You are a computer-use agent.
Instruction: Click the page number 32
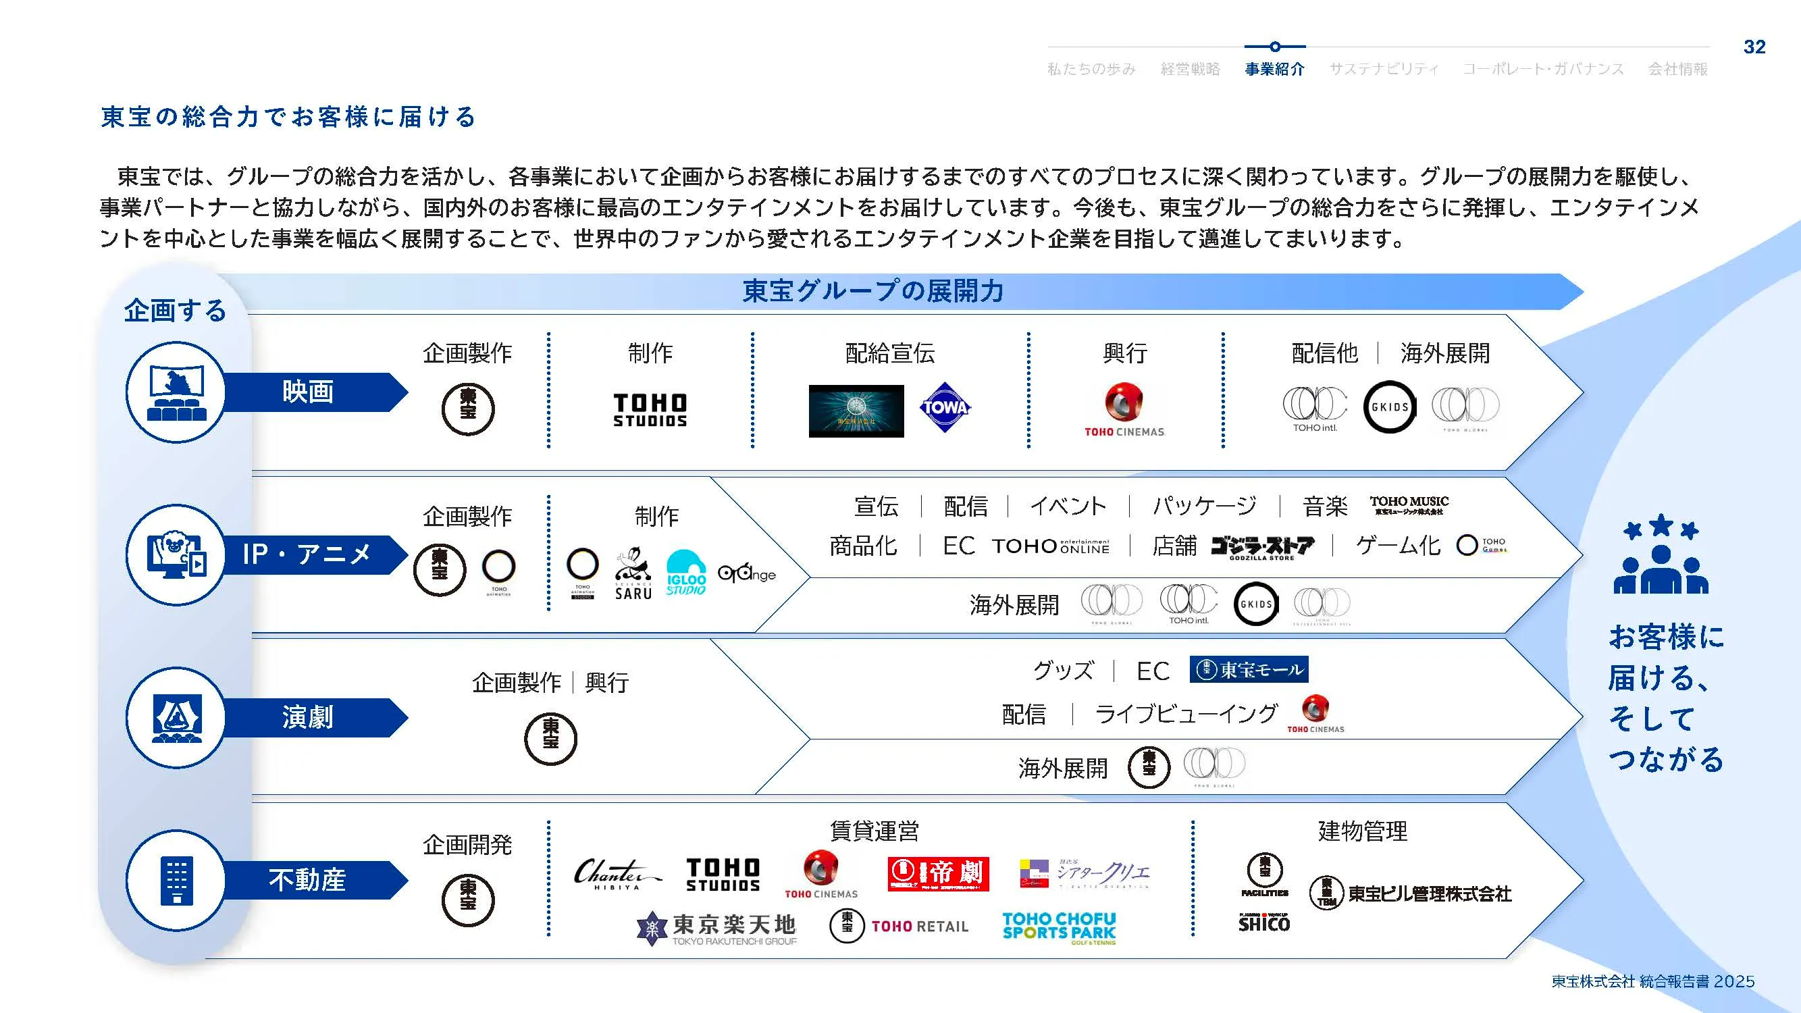[x=1754, y=47]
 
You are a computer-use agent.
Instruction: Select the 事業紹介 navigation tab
[x=1274, y=68]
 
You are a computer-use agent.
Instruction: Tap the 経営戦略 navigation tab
[x=1190, y=68]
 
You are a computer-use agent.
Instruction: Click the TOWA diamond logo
[x=945, y=408]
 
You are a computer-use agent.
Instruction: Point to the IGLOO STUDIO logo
[x=686, y=573]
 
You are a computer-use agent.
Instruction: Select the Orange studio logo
[x=747, y=574]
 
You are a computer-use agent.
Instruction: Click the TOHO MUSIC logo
[x=1409, y=504]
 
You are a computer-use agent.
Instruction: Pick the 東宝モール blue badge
[x=1249, y=670]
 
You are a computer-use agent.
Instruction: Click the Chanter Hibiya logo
[x=615, y=874]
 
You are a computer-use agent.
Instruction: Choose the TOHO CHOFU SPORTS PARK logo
[x=1058, y=929]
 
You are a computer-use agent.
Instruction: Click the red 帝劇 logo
[x=938, y=874]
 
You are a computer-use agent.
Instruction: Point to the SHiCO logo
[x=1263, y=923]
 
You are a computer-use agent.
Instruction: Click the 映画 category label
[x=308, y=392]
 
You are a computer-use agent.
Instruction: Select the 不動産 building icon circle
[x=177, y=880]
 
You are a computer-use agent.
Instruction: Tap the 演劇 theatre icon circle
[x=177, y=717]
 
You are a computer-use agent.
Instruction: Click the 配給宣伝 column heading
[x=889, y=354]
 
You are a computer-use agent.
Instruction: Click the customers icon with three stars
[x=1661, y=554]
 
